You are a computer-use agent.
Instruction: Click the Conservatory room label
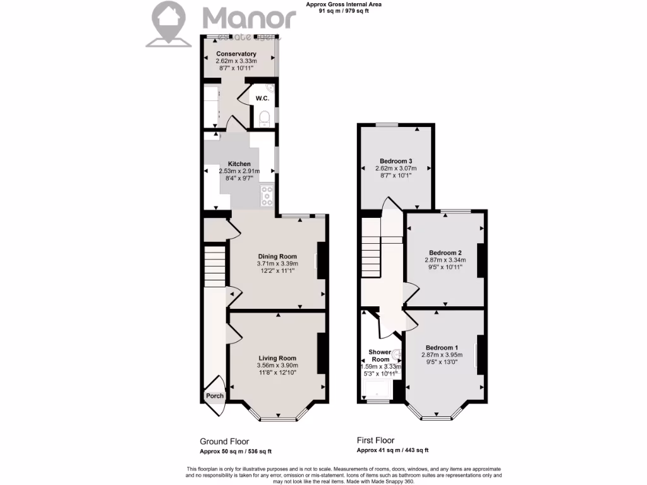(236, 54)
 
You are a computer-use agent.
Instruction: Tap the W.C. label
(263, 99)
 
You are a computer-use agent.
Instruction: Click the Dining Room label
(277, 256)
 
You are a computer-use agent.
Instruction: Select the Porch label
(215, 397)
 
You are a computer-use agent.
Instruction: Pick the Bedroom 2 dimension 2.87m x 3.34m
(445, 260)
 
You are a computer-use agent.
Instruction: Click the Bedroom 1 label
(442, 348)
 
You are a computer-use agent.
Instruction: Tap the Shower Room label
(380, 356)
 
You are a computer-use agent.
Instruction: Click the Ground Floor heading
(224, 441)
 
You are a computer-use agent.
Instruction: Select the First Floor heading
(375, 441)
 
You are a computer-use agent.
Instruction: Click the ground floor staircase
(215, 265)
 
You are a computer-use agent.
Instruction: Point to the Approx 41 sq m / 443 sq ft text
(392, 450)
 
